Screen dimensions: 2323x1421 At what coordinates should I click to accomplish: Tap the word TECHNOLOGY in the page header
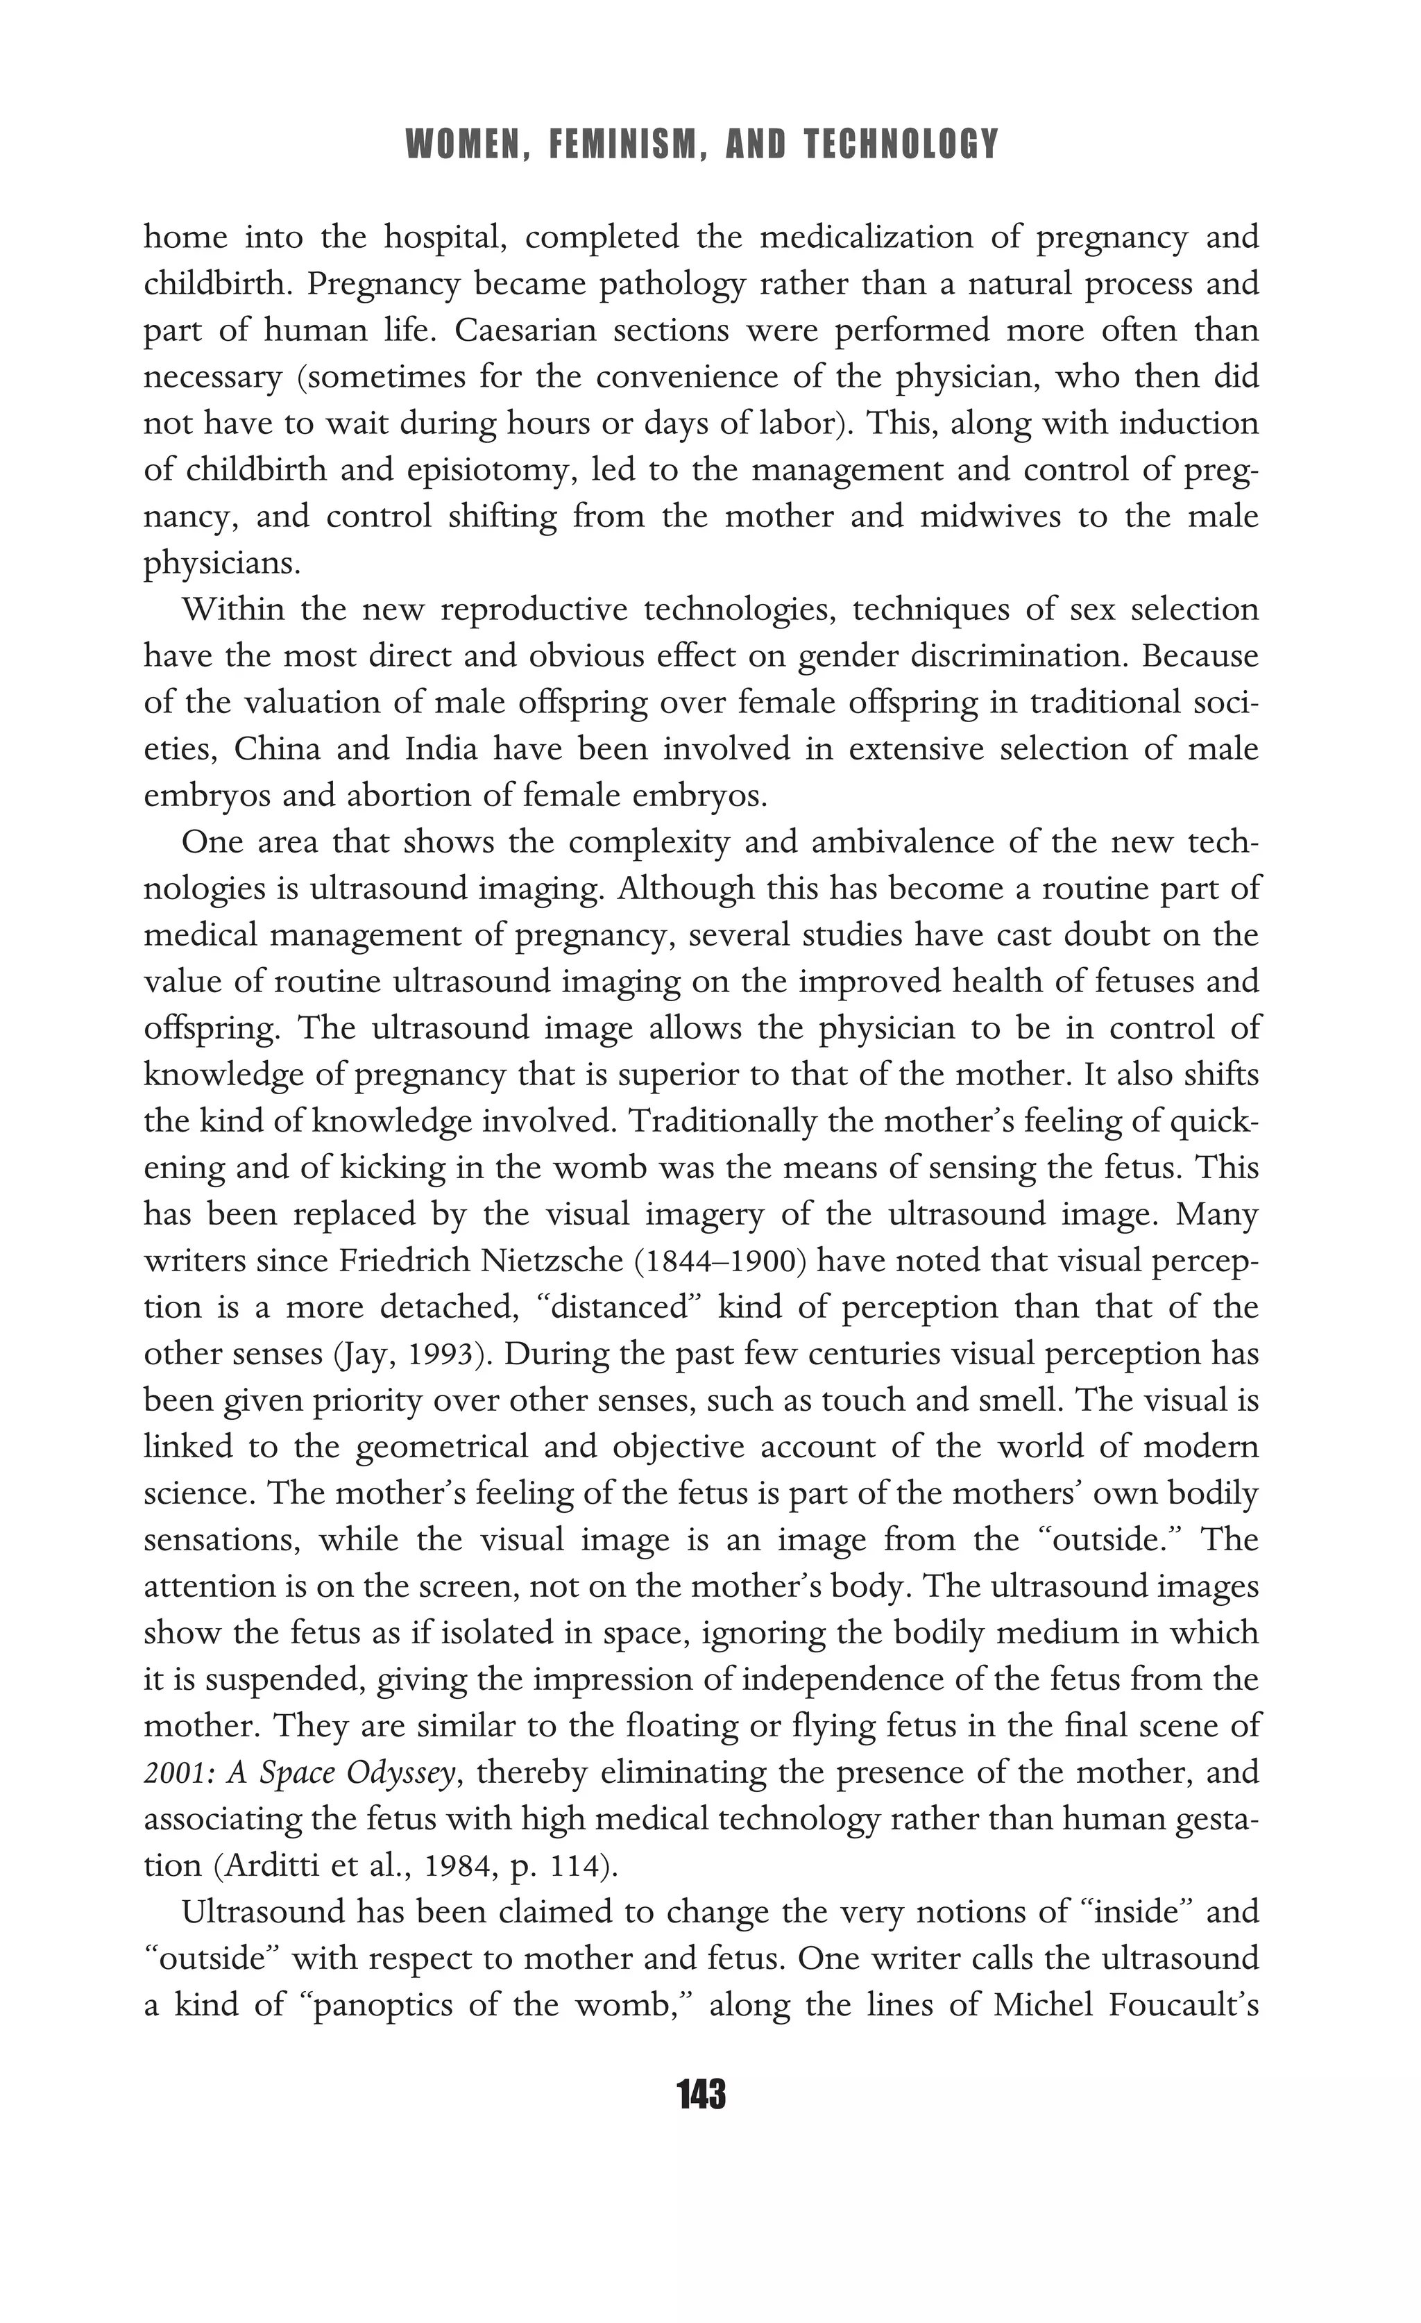pyautogui.click(x=902, y=144)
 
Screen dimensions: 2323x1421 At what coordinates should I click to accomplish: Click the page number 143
pyautogui.click(x=701, y=2095)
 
